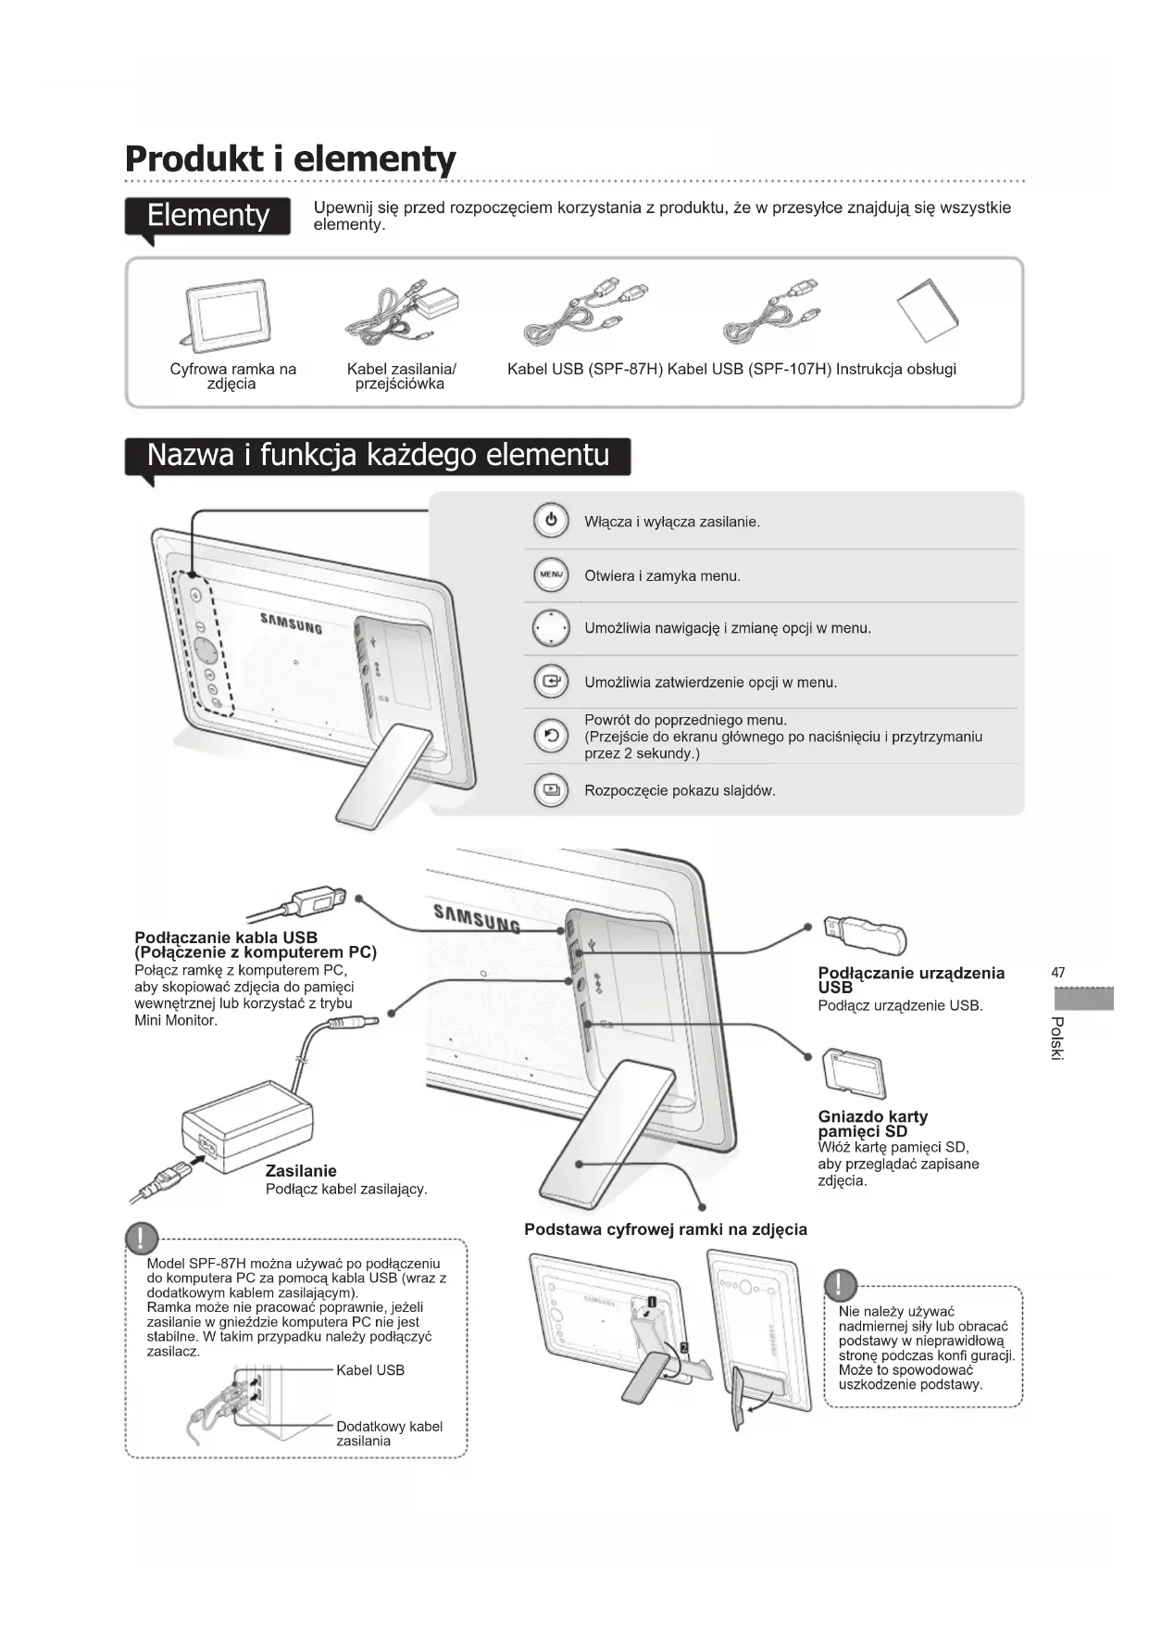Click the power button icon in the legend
coord(551,521)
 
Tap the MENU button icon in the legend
coord(551,575)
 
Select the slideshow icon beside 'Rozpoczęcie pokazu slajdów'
coord(551,790)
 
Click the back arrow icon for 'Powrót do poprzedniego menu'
coord(551,737)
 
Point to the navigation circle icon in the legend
coord(551,629)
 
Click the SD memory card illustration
coord(854,1074)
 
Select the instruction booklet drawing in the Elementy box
coord(928,309)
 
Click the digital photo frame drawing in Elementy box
coord(226,314)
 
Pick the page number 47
coord(1058,973)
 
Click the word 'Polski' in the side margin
coord(1058,1039)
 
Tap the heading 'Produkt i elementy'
coord(290,158)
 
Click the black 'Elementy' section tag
coord(208,216)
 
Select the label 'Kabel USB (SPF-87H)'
coord(585,370)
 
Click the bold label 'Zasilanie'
coord(301,1171)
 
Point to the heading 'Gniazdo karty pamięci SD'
coord(872,1124)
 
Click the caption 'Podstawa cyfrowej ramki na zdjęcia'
coord(665,1229)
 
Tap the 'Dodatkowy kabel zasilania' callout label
coord(389,1433)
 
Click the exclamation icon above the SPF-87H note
coord(142,1238)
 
